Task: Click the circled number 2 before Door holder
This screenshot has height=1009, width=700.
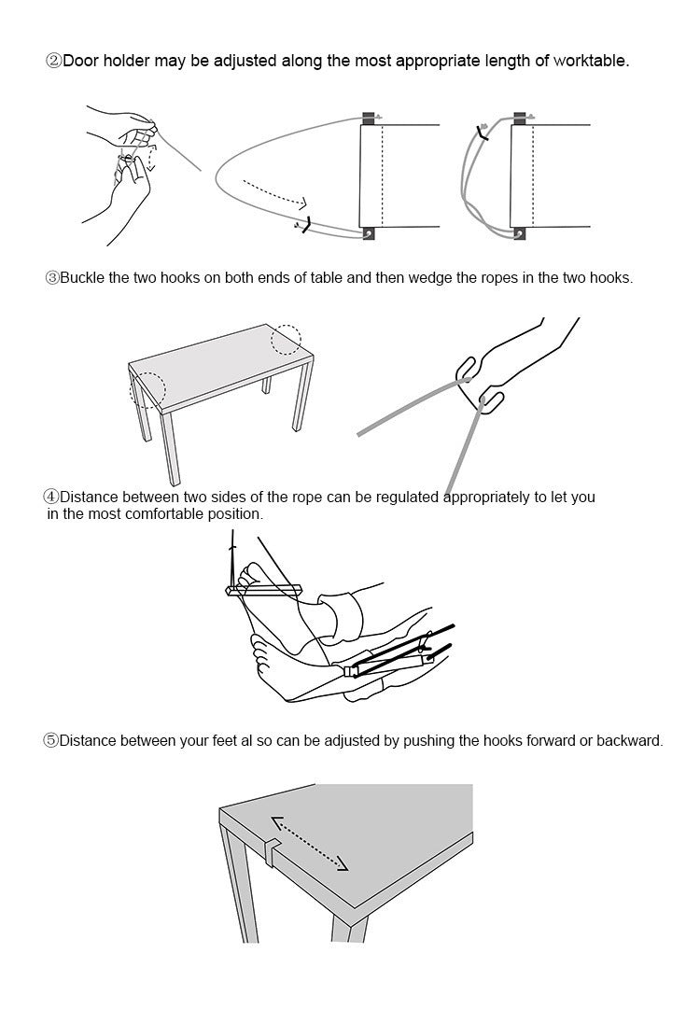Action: pyautogui.click(x=53, y=62)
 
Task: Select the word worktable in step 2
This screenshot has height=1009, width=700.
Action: pyautogui.click(x=590, y=62)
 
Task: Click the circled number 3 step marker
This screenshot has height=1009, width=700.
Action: pyautogui.click(x=52, y=278)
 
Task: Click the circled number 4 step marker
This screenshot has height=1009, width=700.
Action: pyautogui.click(x=52, y=497)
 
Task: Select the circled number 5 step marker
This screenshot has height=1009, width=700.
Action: pyautogui.click(x=51, y=740)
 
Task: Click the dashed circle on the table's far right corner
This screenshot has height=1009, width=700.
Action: pyautogui.click(x=287, y=340)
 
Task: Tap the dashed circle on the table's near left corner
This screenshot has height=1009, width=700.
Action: pyautogui.click(x=148, y=387)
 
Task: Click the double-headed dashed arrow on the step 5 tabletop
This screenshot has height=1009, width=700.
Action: pyautogui.click(x=309, y=844)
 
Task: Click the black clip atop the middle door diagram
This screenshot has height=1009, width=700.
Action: pyautogui.click(x=368, y=118)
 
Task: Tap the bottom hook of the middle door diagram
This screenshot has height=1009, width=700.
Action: pyautogui.click(x=370, y=233)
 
